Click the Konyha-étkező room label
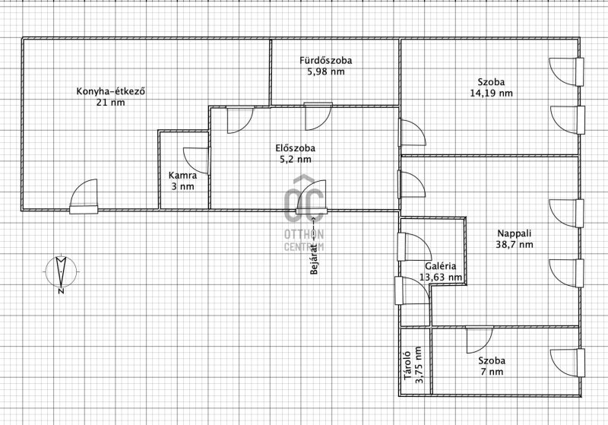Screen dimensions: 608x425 tap(110, 91)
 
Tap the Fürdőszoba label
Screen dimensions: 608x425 tap(326, 61)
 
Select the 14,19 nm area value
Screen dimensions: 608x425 tap(491, 93)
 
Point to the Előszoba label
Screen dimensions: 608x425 tap(296, 148)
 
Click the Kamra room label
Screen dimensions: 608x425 tap(182, 176)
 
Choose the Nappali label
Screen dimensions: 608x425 tap(515, 233)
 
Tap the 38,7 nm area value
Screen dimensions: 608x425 tap(515, 245)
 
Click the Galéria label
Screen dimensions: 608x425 tap(441, 266)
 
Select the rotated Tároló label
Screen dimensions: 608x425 tap(407, 366)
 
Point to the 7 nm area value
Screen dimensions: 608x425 tap(492, 372)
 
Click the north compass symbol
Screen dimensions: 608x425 tap(61, 271)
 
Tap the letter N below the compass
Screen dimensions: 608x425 tap(61, 291)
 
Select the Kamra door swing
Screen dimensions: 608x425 tap(197, 160)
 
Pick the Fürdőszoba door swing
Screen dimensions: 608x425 tap(318, 117)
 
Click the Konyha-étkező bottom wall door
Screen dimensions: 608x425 tap(84, 196)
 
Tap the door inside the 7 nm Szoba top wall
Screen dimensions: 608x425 tap(480, 340)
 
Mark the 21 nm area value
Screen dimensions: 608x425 tap(110, 103)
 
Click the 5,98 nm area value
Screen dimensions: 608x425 tap(326, 71)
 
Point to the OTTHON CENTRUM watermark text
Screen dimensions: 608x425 tap(304, 240)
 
